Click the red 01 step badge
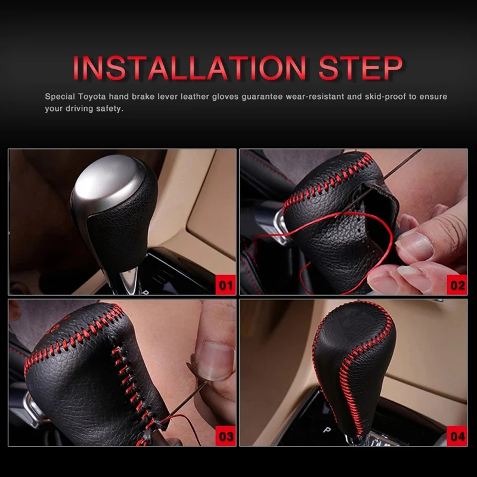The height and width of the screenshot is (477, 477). pos(226,285)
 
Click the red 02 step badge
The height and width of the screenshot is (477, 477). pos(457,285)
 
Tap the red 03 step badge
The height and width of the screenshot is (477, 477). pos(226,436)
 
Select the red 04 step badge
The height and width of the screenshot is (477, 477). pos(457,436)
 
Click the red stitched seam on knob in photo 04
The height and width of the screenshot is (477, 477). pos(346,382)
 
